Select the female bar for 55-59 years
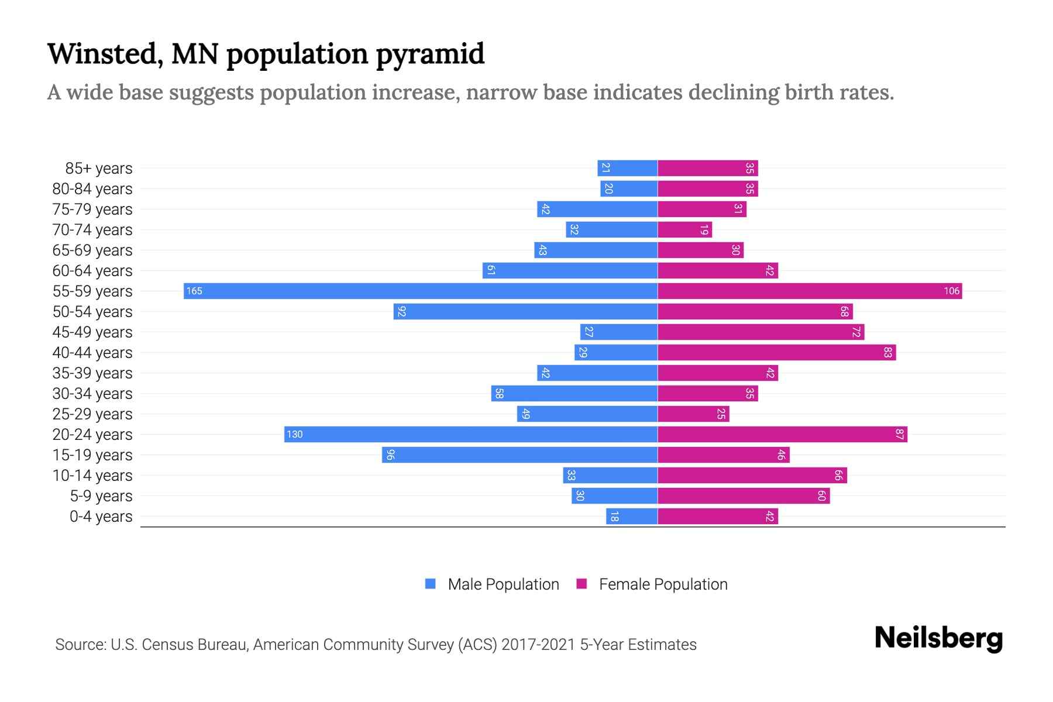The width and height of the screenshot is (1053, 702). tap(810, 291)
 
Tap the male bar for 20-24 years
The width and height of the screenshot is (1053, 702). tap(471, 434)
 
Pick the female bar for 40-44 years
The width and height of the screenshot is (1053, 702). tap(776, 352)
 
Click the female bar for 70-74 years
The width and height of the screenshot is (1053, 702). tap(684, 229)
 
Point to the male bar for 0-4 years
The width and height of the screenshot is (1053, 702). tap(632, 516)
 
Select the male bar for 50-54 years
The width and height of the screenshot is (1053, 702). tap(525, 311)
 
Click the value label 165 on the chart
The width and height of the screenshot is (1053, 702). tap(194, 291)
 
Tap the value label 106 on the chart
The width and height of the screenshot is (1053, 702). tap(951, 291)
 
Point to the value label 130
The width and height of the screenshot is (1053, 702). tap(295, 434)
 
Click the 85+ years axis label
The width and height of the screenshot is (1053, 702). tap(98, 168)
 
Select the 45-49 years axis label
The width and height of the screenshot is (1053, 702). tap(92, 332)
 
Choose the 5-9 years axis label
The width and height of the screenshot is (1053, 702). tap(101, 496)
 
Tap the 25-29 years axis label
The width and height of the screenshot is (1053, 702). tap(92, 414)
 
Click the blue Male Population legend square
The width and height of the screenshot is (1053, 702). tap(431, 584)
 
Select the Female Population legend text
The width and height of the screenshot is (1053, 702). tap(663, 584)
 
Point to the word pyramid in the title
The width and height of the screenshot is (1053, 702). tap(430, 54)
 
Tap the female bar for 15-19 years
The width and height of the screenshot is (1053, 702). tap(723, 455)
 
